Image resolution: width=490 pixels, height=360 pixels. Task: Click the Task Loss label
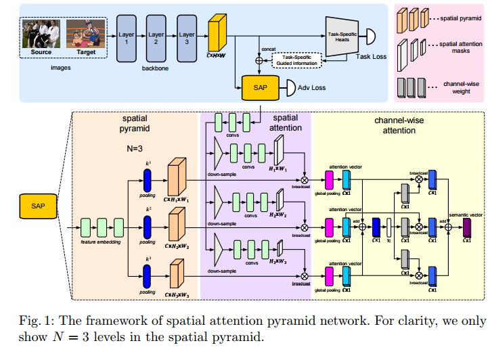(371, 56)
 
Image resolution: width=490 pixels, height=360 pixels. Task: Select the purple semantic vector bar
(466, 228)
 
